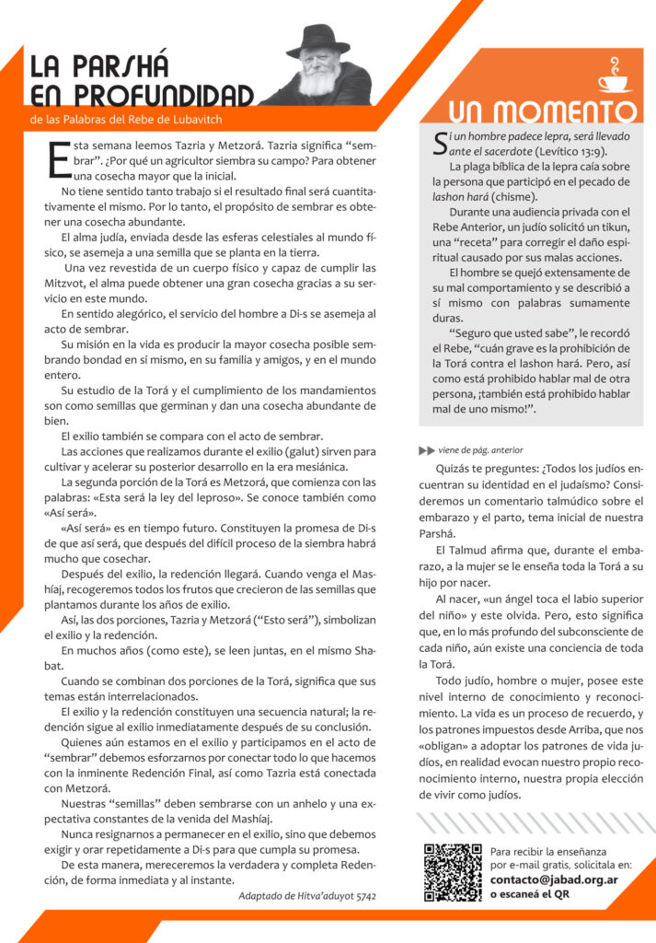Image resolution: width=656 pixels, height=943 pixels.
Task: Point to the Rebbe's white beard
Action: tap(318, 82)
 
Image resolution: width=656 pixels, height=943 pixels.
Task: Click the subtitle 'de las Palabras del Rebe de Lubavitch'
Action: tap(126, 119)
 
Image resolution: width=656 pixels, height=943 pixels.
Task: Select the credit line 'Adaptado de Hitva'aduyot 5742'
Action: tap(306, 895)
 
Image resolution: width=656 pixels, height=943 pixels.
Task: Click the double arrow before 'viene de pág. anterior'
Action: tap(426, 450)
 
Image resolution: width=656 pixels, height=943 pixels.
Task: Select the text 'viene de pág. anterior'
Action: tap(480, 450)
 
